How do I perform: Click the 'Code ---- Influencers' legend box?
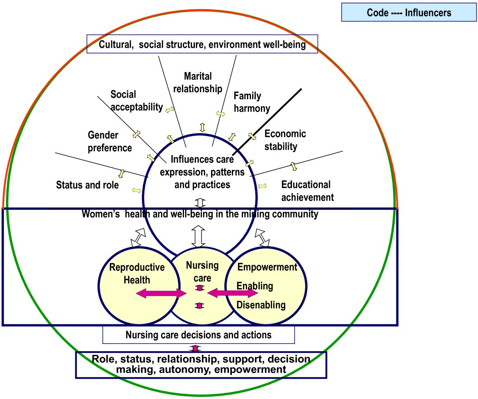pos(409,12)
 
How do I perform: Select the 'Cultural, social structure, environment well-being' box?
pos(202,44)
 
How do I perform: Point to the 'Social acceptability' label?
pos(137,101)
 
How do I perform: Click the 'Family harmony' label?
pos(252,102)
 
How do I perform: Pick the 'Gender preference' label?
pos(110,142)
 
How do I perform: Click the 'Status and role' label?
pos(87,185)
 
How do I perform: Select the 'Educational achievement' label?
pos(307,191)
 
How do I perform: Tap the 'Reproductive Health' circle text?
pos(131,274)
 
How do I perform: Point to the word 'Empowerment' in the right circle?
pos(267,267)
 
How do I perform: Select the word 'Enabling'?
pos(255,286)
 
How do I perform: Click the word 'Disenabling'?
pos(261,305)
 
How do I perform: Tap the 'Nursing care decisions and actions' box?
pos(198,335)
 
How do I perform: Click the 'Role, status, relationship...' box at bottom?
pos(201,364)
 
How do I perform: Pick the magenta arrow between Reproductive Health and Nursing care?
pos(161,294)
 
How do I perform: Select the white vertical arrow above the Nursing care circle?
pos(198,237)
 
